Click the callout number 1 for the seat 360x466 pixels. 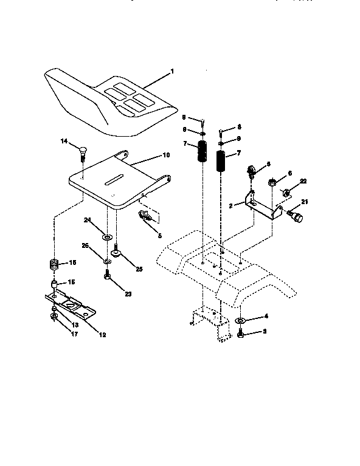(171, 72)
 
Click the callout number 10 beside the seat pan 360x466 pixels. (165, 156)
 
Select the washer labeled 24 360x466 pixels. (107, 235)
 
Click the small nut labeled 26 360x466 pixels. (107, 261)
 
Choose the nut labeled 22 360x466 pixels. (285, 193)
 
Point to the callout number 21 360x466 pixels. (305, 202)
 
